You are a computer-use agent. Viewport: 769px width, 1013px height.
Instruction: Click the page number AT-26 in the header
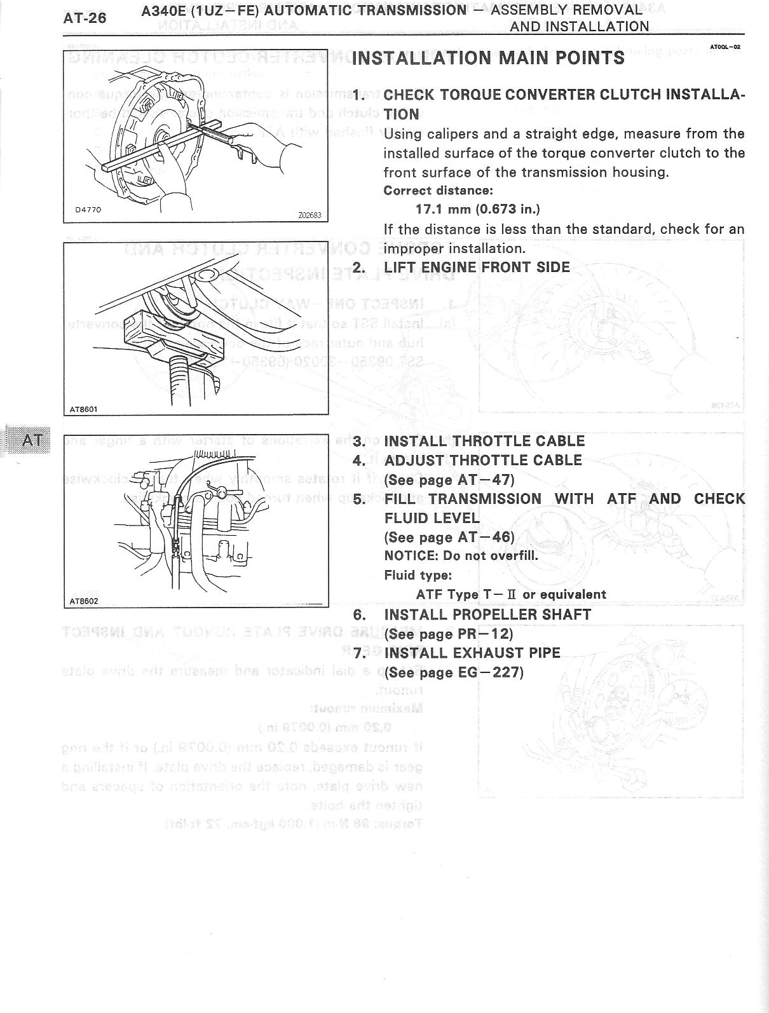point(85,18)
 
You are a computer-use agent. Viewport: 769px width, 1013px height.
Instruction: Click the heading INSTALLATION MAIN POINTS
point(487,58)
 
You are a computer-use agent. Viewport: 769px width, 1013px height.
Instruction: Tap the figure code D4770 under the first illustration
point(87,210)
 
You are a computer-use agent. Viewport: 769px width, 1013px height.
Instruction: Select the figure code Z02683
point(310,215)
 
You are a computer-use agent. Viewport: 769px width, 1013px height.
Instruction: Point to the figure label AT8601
point(83,409)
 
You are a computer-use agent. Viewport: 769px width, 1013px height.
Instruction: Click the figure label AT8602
point(83,601)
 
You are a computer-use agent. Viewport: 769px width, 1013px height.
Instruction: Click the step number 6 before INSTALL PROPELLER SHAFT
point(359,615)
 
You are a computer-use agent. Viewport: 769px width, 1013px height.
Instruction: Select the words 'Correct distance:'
point(438,191)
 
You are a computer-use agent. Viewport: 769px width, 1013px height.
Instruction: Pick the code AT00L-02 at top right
point(725,46)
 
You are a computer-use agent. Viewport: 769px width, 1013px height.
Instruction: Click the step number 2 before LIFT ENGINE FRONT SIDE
point(359,267)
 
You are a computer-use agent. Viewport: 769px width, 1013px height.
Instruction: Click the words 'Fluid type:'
point(418,575)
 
